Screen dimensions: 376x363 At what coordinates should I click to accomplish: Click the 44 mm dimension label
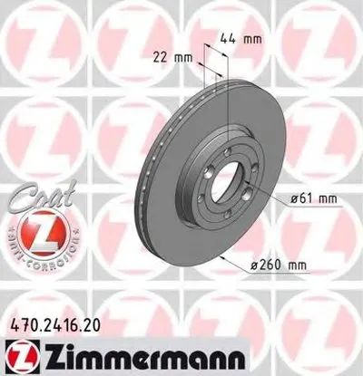click(241, 39)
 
